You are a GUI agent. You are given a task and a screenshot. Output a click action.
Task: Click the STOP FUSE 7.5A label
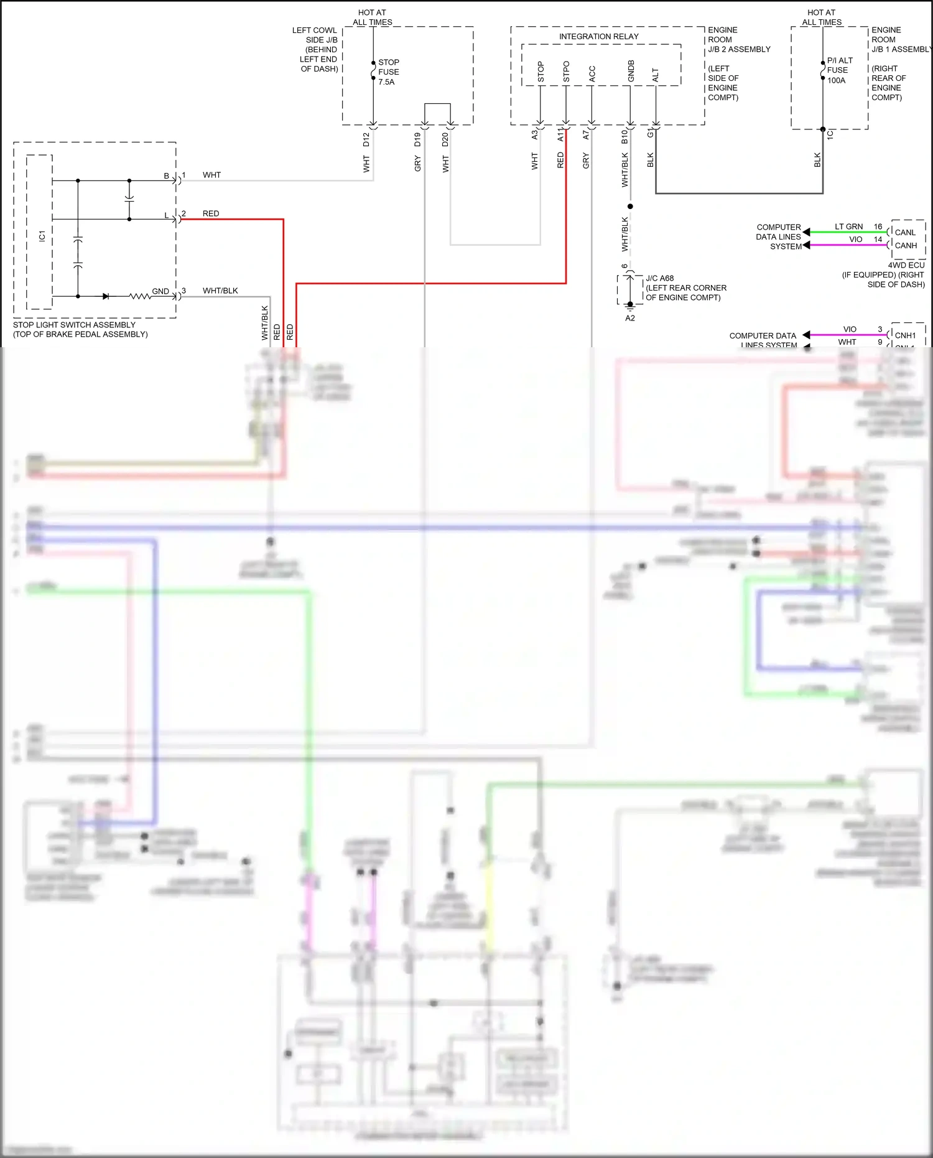tap(388, 72)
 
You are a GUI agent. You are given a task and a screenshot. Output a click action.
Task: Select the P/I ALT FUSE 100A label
tap(839, 70)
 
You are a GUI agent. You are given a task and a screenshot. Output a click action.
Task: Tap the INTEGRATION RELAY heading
tap(598, 37)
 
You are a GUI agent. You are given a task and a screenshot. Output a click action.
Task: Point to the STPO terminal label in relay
tap(566, 72)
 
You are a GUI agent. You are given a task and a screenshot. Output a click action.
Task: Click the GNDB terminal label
tap(631, 71)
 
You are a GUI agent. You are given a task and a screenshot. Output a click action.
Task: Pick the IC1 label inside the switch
tap(42, 236)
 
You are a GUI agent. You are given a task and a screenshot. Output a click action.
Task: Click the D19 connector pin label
tap(417, 140)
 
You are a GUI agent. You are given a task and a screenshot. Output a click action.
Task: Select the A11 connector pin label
tap(560, 135)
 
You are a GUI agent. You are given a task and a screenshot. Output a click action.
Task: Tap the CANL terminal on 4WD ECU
tap(905, 233)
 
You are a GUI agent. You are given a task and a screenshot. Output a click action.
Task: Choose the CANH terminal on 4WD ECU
tap(906, 246)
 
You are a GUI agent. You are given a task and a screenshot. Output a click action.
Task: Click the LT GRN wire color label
tap(848, 226)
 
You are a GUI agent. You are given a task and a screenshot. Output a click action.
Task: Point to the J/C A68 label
tap(659, 278)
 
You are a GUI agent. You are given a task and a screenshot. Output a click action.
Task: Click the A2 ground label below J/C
tap(630, 318)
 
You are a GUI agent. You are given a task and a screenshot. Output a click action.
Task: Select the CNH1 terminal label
tap(905, 335)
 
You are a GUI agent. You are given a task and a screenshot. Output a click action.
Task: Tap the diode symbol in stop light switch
tap(106, 296)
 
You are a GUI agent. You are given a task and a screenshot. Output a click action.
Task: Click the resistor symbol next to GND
tap(140, 296)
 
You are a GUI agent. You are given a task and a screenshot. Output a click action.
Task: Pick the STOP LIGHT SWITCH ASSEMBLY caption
tap(75, 325)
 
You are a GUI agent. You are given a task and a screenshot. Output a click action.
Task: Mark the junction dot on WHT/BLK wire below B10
tap(630, 206)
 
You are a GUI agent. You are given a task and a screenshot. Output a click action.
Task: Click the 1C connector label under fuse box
tap(830, 134)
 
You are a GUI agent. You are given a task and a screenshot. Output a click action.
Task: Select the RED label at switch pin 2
tap(211, 213)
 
